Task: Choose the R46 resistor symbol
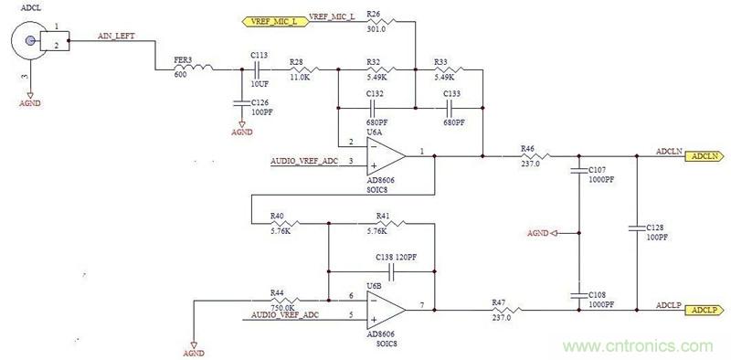tap(528, 156)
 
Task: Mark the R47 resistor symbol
tap(501, 311)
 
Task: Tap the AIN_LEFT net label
tap(118, 36)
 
